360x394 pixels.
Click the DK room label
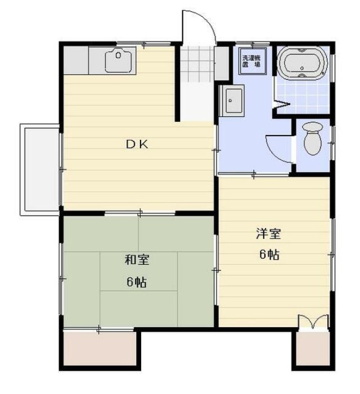pos(136,144)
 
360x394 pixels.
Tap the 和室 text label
pos(137,260)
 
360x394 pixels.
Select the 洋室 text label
pos(265,233)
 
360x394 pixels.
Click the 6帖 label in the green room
pos(137,282)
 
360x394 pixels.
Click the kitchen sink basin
pos(119,61)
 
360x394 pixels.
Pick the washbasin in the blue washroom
pos(232,101)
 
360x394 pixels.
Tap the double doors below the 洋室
pos(312,323)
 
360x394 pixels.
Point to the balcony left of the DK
pos(39,169)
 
